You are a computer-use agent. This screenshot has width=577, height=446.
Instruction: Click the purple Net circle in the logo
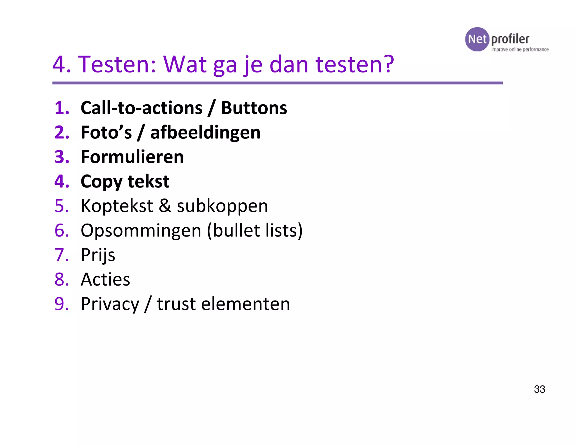pos(477,39)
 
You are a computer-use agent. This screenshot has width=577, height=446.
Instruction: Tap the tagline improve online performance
pos(520,50)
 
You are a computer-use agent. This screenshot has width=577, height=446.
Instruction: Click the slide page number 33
pos(540,389)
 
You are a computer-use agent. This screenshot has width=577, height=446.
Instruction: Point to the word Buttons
pos(254,108)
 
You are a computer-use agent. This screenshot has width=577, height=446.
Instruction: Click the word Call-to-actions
pos(141,108)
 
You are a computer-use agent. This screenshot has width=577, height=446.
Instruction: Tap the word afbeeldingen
pos(205,133)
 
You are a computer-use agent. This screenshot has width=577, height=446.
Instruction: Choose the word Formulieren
pos(132,157)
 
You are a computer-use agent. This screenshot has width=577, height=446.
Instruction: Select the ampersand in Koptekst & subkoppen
pos(165,206)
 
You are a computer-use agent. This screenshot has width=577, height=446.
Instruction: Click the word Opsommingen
pos(141,231)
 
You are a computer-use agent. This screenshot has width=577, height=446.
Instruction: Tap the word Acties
pos(105,280)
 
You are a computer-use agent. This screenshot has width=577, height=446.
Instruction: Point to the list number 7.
pos(61,255)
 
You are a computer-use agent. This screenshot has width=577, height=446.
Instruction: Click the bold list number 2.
pos(62,133)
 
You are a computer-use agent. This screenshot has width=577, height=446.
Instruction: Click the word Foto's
pos(106,133)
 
